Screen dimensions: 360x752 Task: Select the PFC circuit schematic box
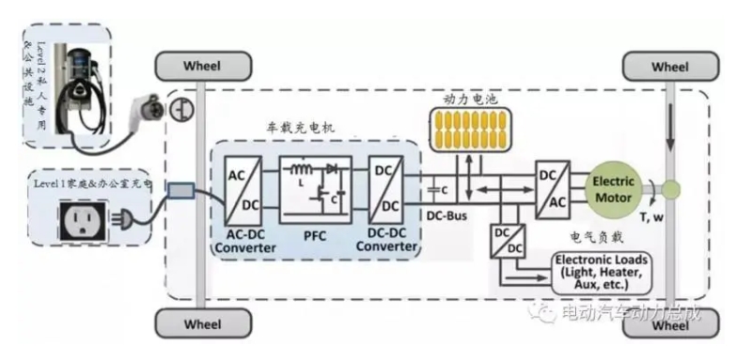click(x=316, y=185)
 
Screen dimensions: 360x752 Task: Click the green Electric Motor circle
click(x=616, y=186)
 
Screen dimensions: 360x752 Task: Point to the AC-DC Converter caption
click(x=245, y=241)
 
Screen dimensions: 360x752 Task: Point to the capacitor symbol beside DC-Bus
click(x=431, y=189)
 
